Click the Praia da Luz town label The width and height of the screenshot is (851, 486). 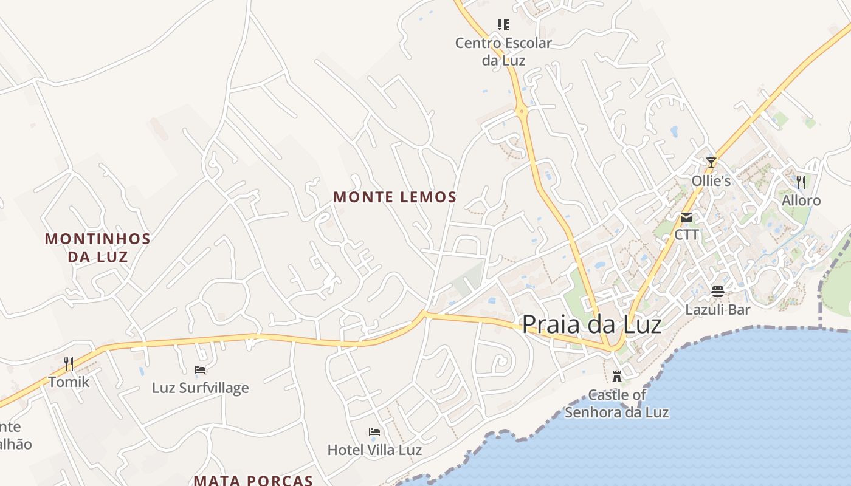click(x=591, y=324)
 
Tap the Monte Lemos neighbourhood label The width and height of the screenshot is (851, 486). click(x=394, y=197)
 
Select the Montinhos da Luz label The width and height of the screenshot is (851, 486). click(x=97, y=247)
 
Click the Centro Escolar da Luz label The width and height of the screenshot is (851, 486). click(x=503, y=52)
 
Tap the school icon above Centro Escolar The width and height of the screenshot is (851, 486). click(x=503, y=25)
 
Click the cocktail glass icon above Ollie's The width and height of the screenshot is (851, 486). click(x=711, y=162)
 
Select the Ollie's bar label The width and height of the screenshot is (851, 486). click(x=711, y=181)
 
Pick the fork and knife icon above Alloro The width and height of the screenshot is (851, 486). click(x=801, y=182)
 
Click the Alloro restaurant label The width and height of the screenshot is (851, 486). click(x=801, y=200)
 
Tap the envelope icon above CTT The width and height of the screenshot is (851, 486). click(x=686, y=217)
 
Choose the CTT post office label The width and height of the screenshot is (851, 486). click(x=686, y=234)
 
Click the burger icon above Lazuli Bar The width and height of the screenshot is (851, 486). click(x=718, y=292)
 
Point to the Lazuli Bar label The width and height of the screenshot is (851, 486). click(x=718, y=309)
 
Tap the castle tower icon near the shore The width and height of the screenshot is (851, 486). click(x=617, y=377)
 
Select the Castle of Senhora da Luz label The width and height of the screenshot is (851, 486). click(x=617, y=403)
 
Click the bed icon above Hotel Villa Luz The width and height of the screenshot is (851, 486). click(x=374, y=432)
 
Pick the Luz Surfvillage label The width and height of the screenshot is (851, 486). click(x=200, y=388)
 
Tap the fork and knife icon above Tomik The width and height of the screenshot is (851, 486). click(x=69, y=364)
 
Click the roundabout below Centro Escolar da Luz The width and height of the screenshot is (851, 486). click(x=521, y=111)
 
